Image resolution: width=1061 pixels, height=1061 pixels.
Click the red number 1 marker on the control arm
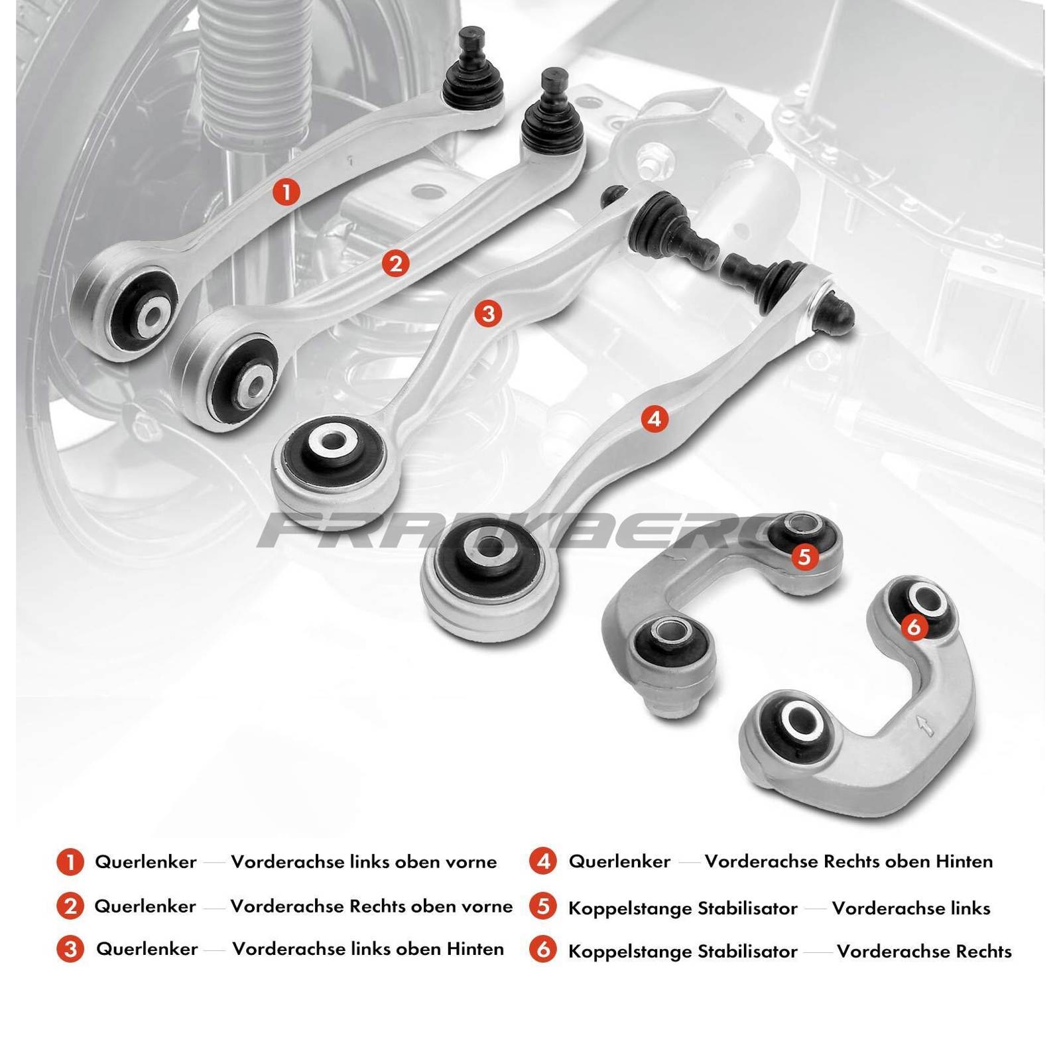286,192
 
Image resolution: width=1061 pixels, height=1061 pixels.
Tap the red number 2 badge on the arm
396,264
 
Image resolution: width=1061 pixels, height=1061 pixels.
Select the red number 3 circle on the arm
488,313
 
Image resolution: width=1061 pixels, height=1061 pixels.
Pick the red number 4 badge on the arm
655,418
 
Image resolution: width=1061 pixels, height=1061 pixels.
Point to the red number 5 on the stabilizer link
804,556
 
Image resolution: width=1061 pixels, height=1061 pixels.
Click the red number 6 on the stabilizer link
914,626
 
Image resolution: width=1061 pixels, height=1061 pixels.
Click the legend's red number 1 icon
70,862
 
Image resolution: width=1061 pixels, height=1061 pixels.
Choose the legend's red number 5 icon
543,906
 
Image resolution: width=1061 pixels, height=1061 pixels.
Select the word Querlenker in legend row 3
147,949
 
